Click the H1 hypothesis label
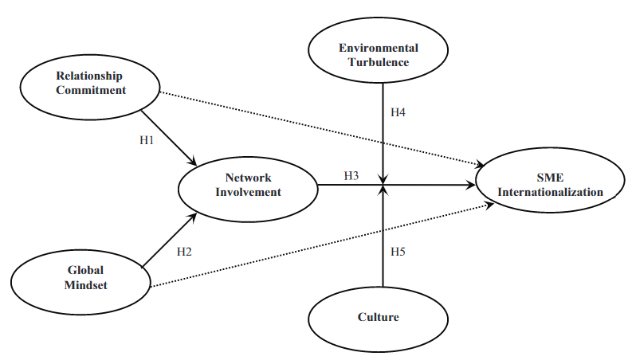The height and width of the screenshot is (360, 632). coord(147,141)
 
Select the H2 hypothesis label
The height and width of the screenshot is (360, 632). coord(184,252)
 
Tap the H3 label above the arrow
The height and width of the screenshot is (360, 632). coord(351,174)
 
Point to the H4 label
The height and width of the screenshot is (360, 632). coord(398,113)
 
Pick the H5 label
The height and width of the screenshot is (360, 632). coord(398,252)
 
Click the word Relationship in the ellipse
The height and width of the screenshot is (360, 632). coord(89,76)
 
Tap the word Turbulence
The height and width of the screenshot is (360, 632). coord(379,61)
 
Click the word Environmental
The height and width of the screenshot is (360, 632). coord(379,48)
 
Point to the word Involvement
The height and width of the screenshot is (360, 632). coord(248,191)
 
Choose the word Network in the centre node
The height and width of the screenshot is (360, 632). coord(248,178)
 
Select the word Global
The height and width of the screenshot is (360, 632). coord(80,270)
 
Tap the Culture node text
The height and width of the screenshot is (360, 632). coord(378,317)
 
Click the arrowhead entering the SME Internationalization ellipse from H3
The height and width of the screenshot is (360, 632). coord(471,186)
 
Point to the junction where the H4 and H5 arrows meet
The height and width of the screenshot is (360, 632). coord(384,186)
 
